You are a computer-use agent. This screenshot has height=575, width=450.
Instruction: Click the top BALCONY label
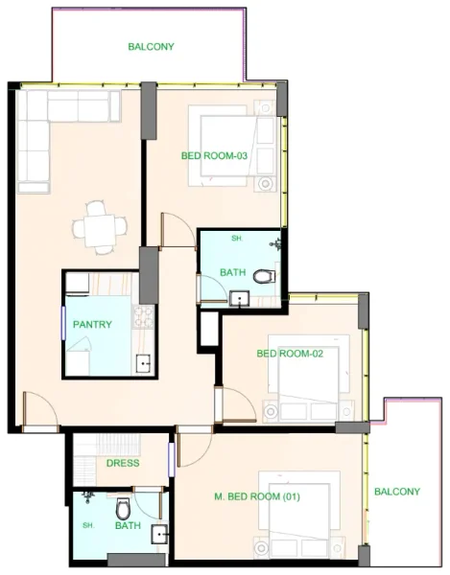[x=152, y=46]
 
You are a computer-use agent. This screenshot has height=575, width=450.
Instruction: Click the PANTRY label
[x=92, y=325]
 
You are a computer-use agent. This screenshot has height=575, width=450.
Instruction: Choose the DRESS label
[x=123, y=464]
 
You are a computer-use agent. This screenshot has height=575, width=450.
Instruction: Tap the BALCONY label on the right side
[x=397, y=493]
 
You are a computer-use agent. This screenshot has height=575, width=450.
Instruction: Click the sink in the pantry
[x=143, y=362]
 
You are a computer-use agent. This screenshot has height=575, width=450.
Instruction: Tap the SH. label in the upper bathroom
[x=236, y=239]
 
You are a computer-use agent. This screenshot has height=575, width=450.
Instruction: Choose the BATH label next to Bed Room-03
[x=232, y=273]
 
